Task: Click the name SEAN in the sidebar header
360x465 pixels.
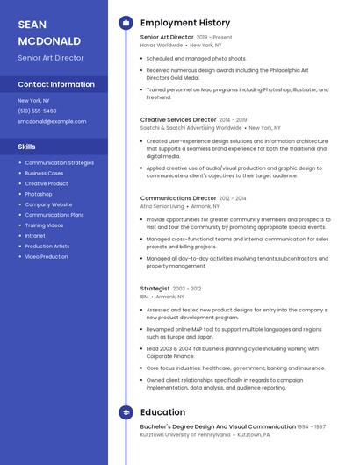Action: pos(32,25)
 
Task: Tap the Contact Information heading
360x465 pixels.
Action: pos(56,84)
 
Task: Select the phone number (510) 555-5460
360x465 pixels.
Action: pos(37,111)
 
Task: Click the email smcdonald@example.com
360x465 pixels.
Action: pos(52,121)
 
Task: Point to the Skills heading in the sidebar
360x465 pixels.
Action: pos(27,147)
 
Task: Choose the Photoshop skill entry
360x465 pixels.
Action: pos(39,194)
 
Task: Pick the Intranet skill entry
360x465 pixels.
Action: pos(35,236)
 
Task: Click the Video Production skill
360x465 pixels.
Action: pos(47,257)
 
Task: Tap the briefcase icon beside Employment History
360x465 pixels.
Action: pos(126,23)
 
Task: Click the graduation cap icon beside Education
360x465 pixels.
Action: pos(126,412)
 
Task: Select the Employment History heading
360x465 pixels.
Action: pos(185,23)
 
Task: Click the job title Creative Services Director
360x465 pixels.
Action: pos(178,119)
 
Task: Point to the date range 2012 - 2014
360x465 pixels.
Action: pos(233,198)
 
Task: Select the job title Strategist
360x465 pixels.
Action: pos(155,288)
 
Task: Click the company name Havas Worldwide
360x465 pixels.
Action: pos(161,45)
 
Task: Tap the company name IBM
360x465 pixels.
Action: pos(144,297)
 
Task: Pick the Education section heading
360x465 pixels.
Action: pos(162,412)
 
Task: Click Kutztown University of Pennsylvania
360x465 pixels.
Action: pos(186,434)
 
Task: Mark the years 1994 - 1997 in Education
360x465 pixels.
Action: pos(311,426)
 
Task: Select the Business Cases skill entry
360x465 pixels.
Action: pos(45,173)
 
